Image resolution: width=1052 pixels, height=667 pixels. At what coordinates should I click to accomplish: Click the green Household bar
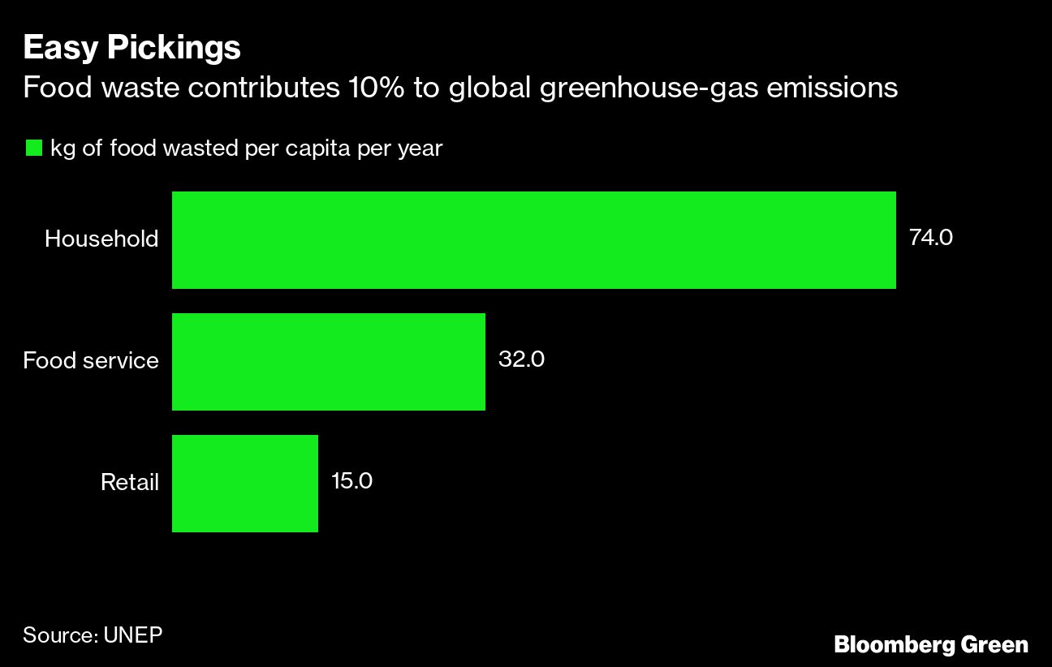pos(533,240)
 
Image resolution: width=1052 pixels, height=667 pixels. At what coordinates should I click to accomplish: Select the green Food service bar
pos(328,362)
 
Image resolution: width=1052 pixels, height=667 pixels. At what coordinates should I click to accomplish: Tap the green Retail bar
pos(244,484)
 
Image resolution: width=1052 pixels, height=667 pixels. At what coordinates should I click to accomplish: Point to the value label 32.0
pos(520,359)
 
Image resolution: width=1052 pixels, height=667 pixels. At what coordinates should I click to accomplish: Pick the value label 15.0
pos(351,481)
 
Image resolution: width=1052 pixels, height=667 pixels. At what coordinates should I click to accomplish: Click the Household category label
pos(101,239)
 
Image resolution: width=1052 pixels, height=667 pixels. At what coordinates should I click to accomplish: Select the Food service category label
pos(91,360)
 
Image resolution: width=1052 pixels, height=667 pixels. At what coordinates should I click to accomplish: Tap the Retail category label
pos(129,483)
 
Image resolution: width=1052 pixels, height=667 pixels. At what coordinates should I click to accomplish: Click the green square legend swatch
pos(33,148)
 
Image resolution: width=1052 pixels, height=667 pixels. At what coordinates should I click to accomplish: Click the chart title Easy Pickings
pos(131,49)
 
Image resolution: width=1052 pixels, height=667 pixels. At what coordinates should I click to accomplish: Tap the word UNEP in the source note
pos(133,634)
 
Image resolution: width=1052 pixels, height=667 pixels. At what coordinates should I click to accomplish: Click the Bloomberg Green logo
pos(931,645)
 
